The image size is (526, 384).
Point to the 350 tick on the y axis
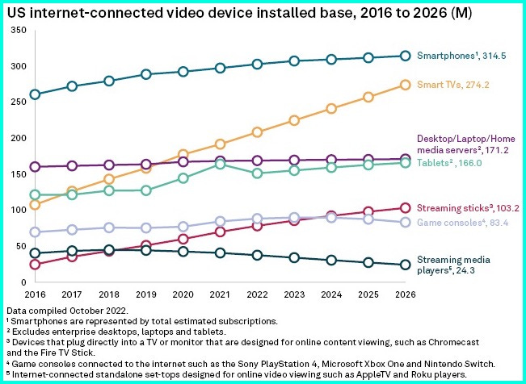pyautogui.click(x=19, y=30)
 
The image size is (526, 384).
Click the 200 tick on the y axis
pyautogui.click(x=19, y=138)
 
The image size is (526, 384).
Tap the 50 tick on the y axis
pyautogui.click(x=21, y=246)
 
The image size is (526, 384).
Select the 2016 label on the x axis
pyautogui.click(x=35, y=295)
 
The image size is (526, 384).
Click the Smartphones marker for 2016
pyautogui.click(x=35, y=94)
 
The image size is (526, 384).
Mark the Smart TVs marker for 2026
pyautogui.click(x=405, y=85)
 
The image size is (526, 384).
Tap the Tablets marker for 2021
pyautogui.click(x=219, y=164)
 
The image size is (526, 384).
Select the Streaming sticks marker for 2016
pyautogui.click(x=35, y=265)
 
